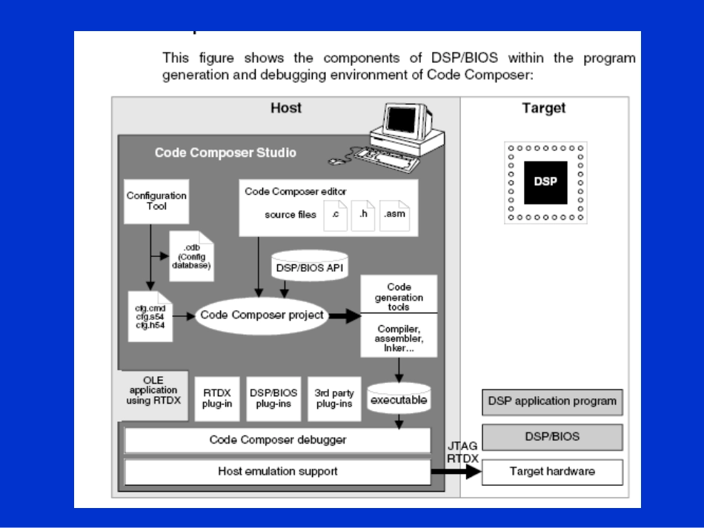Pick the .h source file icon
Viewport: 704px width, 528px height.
[x=363, y=215]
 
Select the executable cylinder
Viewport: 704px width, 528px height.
[x=399, y=399]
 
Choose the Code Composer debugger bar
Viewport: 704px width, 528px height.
[x=277, y=440]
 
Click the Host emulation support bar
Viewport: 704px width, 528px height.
[x=277, y=471]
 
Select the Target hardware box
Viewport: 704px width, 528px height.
[x=552, y=471]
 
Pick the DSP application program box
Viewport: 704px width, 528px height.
[x=552, y=401]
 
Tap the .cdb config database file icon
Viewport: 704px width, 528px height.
[x=190, y=255]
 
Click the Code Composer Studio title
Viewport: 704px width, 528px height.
[x=225, y=153]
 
